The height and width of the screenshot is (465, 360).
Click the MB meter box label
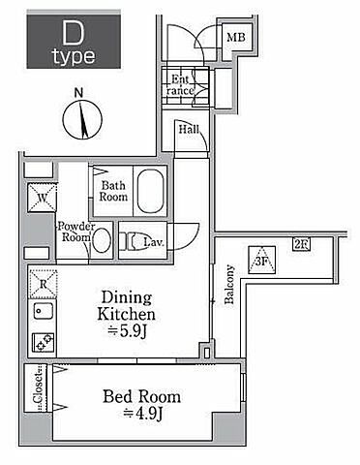tap(236, 38)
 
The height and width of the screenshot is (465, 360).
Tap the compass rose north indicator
tap(82, 119)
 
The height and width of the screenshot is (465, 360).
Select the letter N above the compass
tap(78, 93)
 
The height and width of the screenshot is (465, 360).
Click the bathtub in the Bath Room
tap(150, 191)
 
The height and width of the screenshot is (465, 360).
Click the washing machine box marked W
tap(43, 198)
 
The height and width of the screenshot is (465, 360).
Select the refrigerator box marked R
tap(44, 284)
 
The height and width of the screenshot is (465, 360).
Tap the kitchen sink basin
tap(44, 312)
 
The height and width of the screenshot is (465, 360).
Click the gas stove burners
tap(44, 343)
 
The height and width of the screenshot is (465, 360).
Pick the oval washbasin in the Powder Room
tap(102, 240)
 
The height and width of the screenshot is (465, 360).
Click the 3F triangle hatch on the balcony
tap(262, 260)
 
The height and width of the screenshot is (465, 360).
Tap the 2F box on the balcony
tap(301, 244)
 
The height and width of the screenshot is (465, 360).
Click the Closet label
tap(38, 387)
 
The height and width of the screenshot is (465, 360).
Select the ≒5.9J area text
tap(127, 331)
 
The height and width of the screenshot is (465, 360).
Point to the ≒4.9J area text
tap(142, 414)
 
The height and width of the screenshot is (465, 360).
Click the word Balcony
tap(229, 285)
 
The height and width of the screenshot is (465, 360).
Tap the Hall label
tap(189, 130)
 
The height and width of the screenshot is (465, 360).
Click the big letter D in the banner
tap(74, 33)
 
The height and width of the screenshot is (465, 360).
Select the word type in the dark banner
tap(75, 57)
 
